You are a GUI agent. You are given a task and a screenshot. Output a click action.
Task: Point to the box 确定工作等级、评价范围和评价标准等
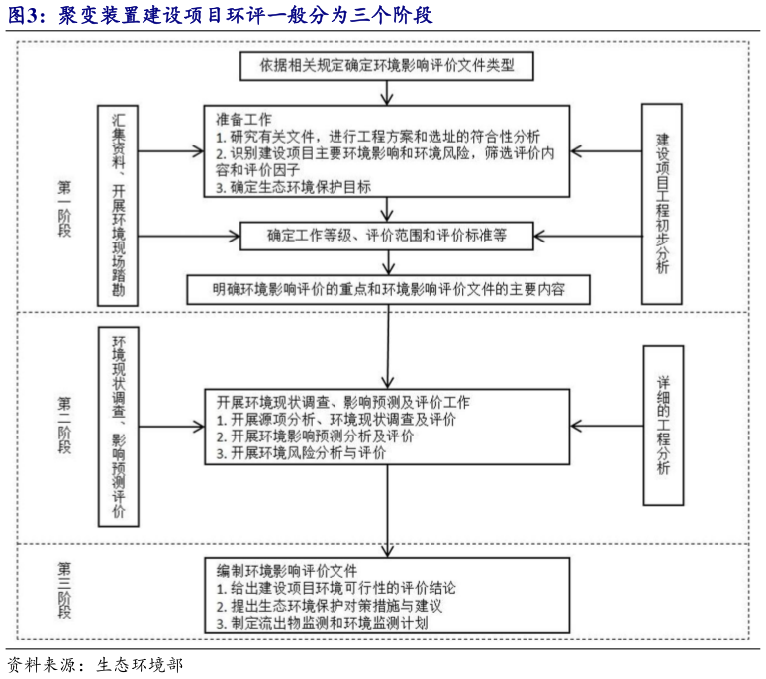(386, 235)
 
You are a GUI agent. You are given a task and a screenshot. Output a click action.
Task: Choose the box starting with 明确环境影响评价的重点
(387, 289)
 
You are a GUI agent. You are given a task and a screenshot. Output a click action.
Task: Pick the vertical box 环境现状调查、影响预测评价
(119, 426)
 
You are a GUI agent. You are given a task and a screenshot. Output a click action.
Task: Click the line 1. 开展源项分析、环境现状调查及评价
(335, 420)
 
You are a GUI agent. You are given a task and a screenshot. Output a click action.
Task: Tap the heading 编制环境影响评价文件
(287, 571)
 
